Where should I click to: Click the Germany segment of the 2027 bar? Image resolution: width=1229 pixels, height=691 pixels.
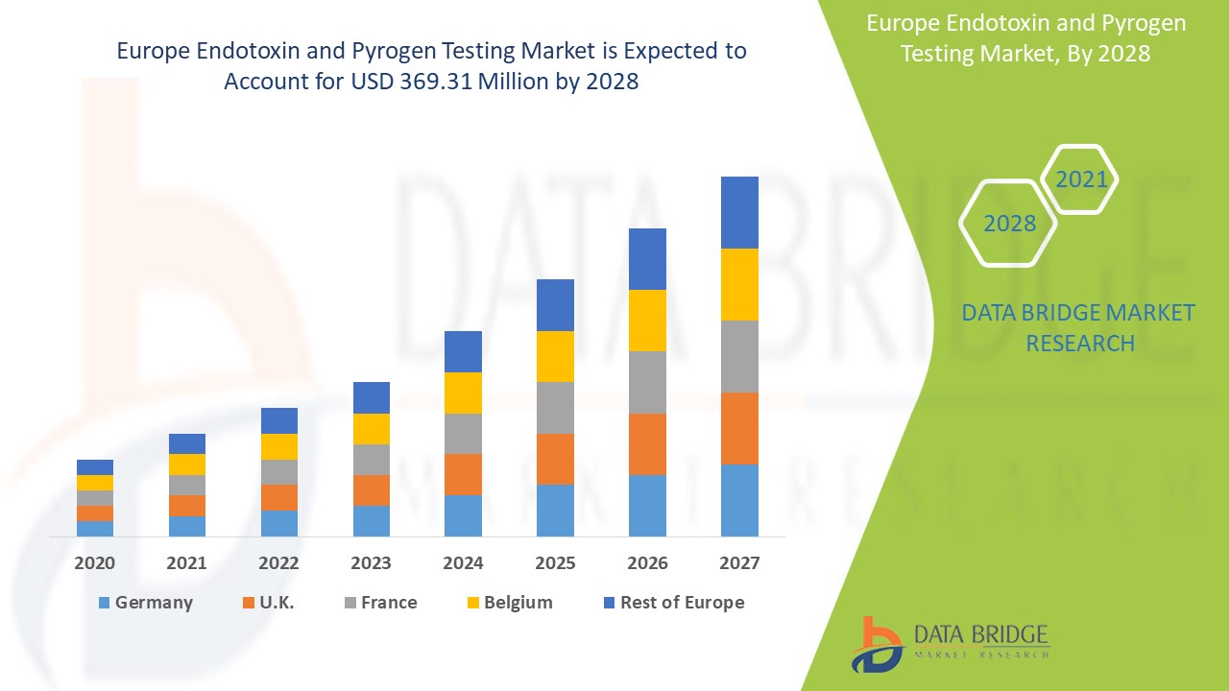739,500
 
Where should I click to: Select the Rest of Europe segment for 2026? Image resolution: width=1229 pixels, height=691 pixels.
647,259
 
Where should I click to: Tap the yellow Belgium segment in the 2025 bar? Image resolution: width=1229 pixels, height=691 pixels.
555,356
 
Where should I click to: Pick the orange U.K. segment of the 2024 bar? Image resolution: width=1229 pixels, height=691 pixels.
463,474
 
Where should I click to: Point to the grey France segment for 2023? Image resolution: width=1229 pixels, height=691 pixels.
372,460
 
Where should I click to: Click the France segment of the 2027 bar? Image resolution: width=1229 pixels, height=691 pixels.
739,356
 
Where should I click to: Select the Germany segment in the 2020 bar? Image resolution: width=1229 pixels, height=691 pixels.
95,528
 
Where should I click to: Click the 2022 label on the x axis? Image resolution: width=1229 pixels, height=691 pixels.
278,563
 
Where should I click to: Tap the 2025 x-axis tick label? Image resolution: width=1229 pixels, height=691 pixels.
555,563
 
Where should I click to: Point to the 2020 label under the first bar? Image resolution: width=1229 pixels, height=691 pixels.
95,563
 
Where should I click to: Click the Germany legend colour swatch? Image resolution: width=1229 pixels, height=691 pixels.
104,603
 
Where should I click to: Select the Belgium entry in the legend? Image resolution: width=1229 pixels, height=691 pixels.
518,603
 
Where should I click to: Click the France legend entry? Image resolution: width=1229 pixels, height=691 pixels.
388,603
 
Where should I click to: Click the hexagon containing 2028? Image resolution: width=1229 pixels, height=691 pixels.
1009,223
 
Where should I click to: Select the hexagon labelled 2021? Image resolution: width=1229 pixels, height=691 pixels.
1081,179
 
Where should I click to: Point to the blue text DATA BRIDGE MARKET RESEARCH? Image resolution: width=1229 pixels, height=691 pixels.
1078,328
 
